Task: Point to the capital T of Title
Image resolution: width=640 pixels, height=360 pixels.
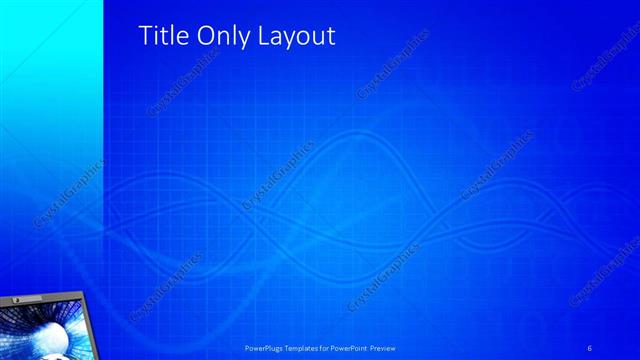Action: (143, 36)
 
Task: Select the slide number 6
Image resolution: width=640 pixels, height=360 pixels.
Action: (590, 348)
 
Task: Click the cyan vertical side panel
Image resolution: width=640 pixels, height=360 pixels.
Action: (50, 100)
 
